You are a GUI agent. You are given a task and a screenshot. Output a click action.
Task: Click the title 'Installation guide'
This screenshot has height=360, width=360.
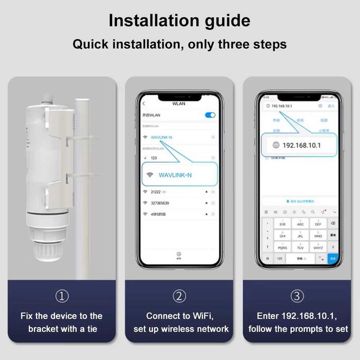click(x=179, y=21)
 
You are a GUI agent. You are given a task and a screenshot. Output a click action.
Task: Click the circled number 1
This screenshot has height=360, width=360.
click(x=62, y=296)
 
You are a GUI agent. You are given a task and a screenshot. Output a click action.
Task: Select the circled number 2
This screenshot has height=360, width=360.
click(x=179, y=296)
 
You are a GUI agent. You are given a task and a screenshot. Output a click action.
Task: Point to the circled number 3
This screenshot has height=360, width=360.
click(x=297, y=296)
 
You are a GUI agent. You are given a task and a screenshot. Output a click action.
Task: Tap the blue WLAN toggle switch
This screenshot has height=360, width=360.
click(x=210, y=115)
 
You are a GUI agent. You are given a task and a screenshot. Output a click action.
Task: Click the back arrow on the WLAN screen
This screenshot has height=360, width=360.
click(x=143, y=103)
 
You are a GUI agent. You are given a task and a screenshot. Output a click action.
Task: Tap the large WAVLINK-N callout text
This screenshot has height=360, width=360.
click(x=175, y=175)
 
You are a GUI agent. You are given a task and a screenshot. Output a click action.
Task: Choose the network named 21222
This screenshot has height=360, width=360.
click(x=156, y=191)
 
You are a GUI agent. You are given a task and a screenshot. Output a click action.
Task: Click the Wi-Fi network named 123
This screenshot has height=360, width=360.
click(x=154, y=158)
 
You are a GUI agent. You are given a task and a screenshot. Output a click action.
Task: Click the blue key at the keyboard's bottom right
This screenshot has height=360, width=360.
click(x=333, y=258)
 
